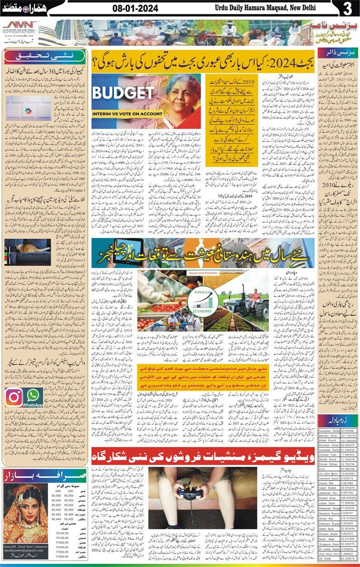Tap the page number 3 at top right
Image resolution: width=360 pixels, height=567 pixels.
pos(347,9)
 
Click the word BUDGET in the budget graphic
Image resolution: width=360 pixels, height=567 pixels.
pos(122,93)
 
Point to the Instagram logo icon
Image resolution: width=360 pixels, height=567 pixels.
pos(14,397)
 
